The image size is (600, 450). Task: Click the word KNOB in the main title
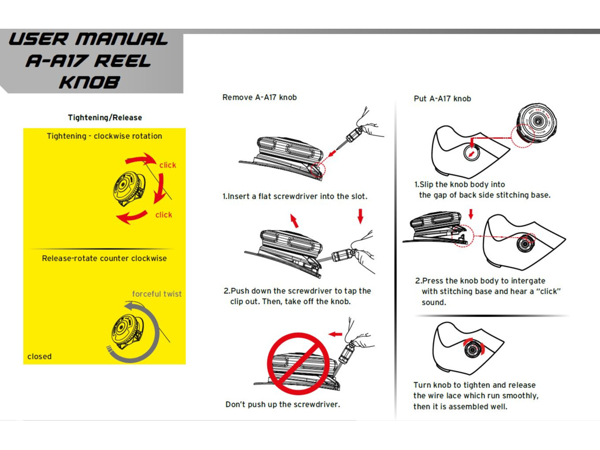point(89,82)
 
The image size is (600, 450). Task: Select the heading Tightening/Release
point(105,118)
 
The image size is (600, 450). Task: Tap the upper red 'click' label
point(168,165)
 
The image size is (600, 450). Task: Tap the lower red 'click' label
point(164,215)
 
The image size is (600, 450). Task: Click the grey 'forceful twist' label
point(157,294)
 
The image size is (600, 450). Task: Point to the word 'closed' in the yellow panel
point(39,356)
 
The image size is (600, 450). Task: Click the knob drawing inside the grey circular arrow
point(127,331)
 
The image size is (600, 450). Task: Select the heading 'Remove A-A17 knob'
point(260,97)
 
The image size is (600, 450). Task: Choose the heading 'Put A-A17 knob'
point(442,98)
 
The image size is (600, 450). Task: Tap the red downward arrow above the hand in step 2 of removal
point(360,217)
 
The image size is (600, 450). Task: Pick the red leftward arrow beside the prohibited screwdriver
point(335,334)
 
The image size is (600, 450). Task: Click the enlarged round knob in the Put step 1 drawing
point(536,122)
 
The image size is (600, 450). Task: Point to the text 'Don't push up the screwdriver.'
point(282,404)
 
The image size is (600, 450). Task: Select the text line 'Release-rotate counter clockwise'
point(104,258)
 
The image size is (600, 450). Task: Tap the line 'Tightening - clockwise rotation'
point(104,136)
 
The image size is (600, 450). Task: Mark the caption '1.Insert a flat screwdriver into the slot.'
point(295,196)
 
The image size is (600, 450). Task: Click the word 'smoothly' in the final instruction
point(520,396)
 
